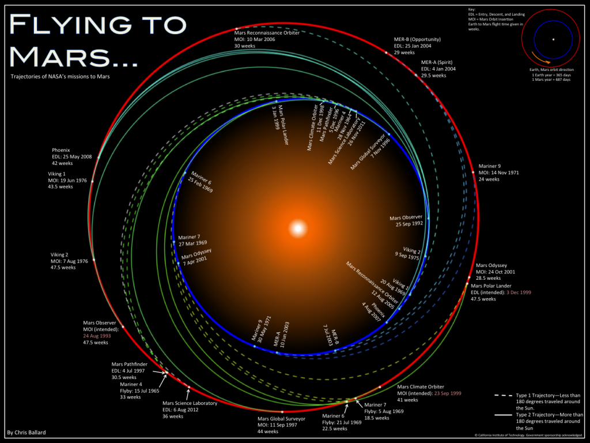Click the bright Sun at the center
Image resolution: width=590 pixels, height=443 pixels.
pyautogui.click(x=298, y=228)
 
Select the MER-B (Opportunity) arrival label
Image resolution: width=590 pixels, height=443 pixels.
pyautogui.click(x=413, y=46)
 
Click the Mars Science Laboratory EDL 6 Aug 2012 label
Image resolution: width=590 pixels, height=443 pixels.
pyautogui.click(x=190, y=410)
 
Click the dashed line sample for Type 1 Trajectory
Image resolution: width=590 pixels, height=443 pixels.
pyautogui.click(x=508, y=395)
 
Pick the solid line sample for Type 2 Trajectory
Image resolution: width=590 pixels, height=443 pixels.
pyautogui.click(x=508, y=414)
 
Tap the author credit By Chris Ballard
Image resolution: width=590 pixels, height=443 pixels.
pyautogui.click(x=28, y=431)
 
